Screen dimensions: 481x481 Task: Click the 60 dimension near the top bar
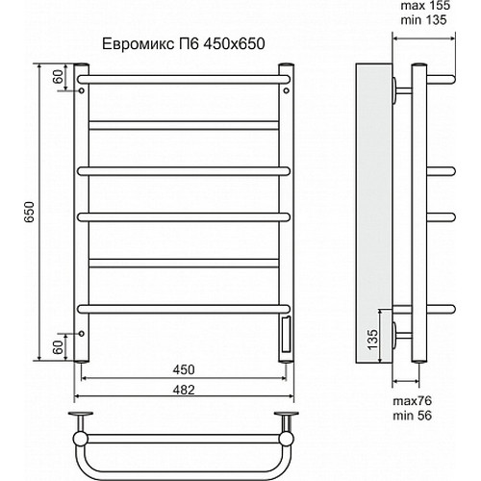click(x=59, y=78)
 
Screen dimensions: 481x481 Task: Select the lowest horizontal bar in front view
click(x=183, y=307)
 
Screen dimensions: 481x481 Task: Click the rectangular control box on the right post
click(x=285, y=334)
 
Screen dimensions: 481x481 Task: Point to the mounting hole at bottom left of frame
click(x=84, y=334)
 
